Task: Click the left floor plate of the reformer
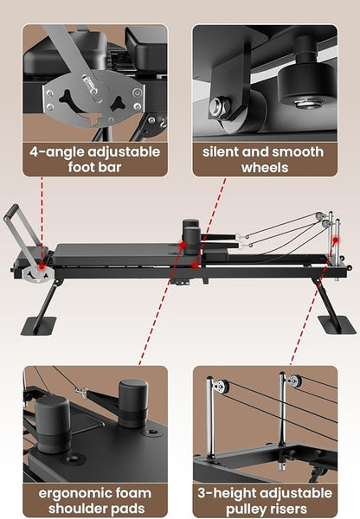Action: (37, 326)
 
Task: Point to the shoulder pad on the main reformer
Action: (191, 233)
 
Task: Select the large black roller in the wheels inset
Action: (302, 86)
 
